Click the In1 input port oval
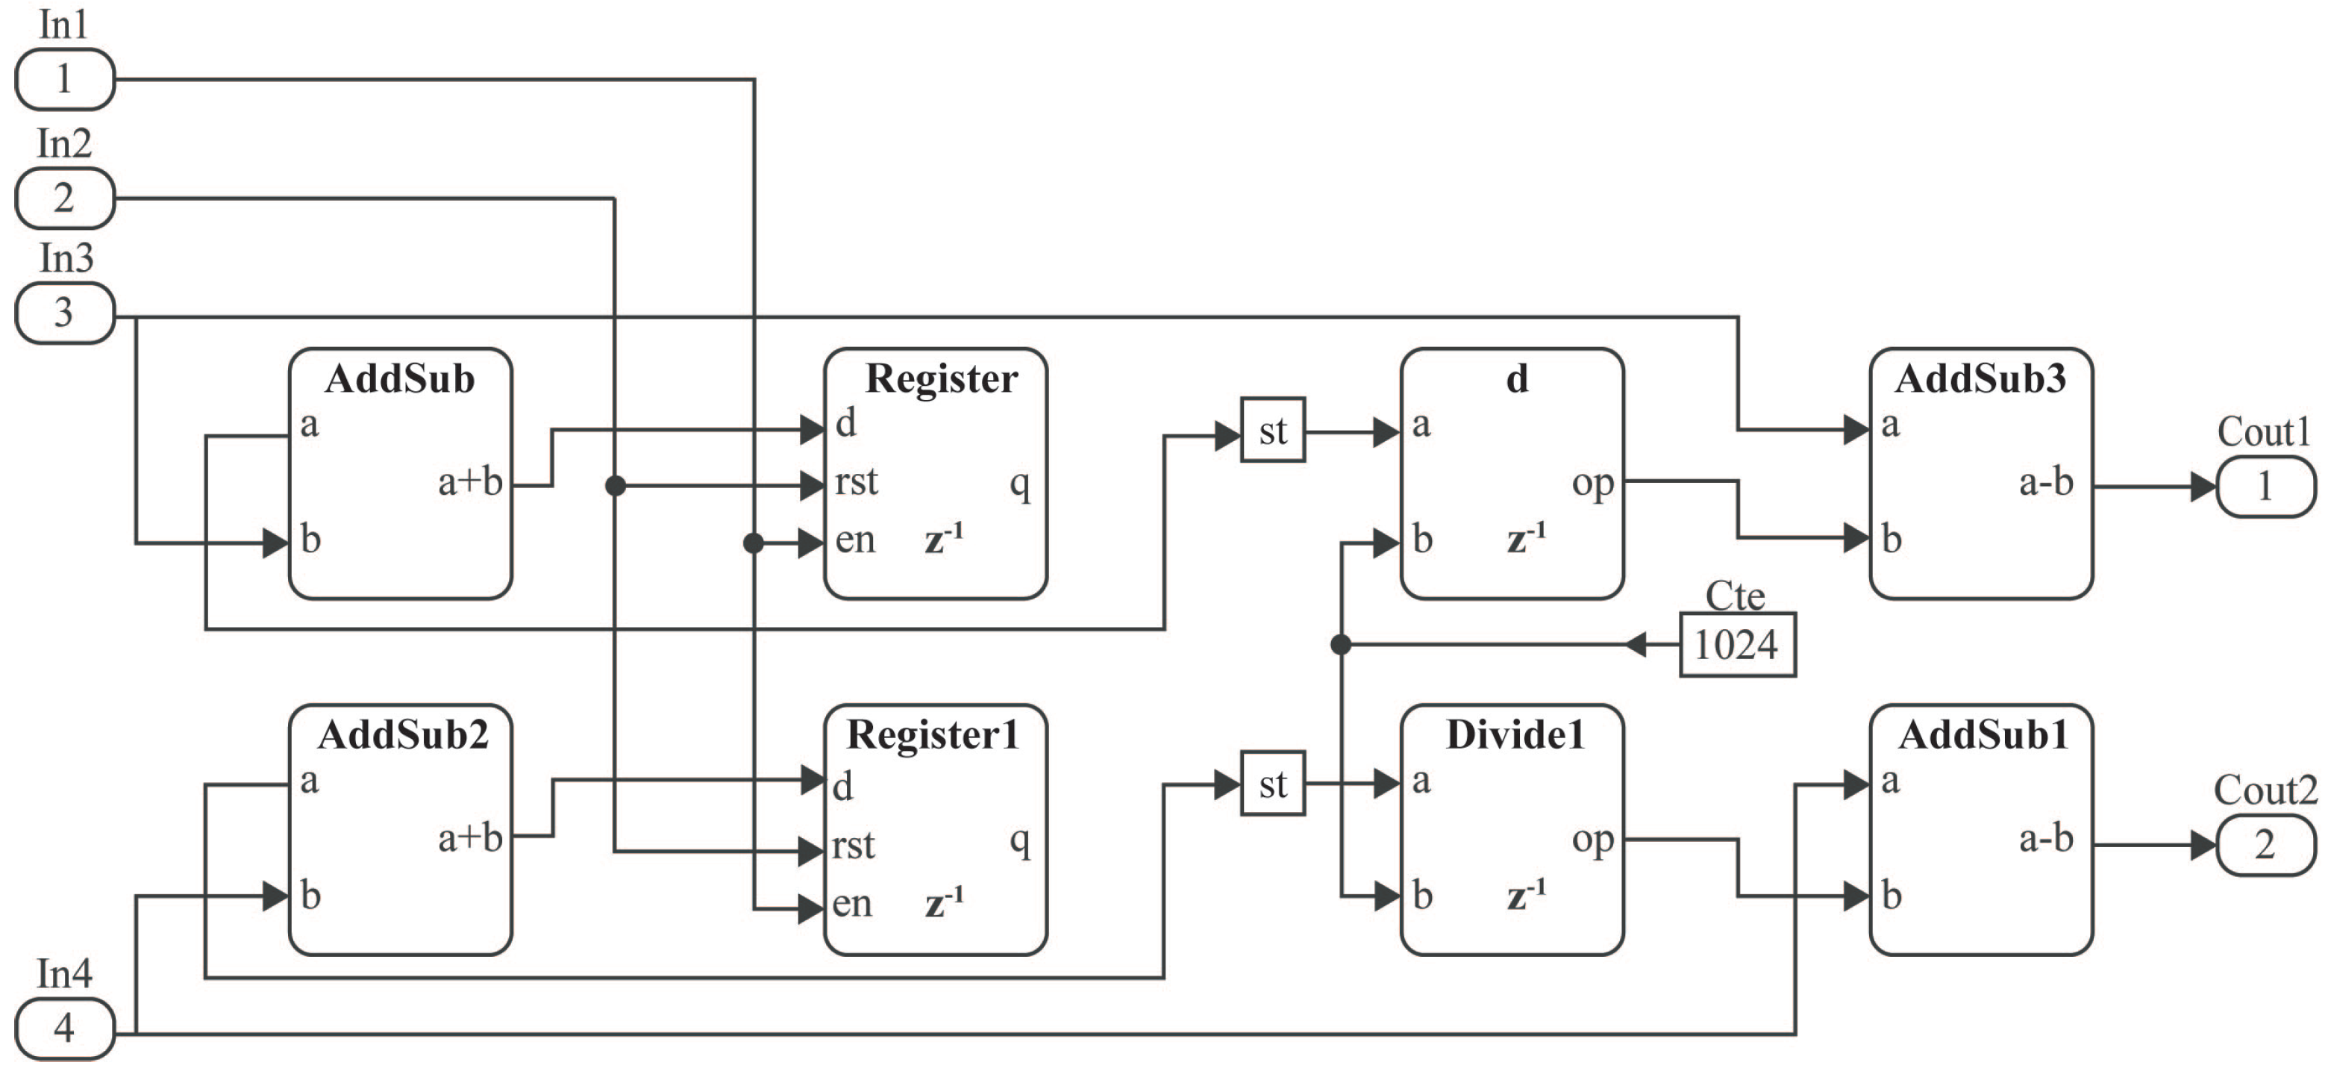pyautogui.click(x=64, y=80)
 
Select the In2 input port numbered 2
pyautogui.click(x=64, y=197)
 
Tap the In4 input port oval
pyautogui.click(x=64, y=1028)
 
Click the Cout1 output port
pyautogui.click(x=2265, y=487)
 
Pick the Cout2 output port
pyautogui.click(x=2265, y=845)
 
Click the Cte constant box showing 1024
pyautogui.click(x=1737, y=645)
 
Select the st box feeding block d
pyautogui.click(x=1272, y=431)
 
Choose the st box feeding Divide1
pyautogui.click(x=1272, y=784)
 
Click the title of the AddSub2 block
pyautogui.click(x=403, y=734)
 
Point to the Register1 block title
pyautogui.click(x=933, y=734)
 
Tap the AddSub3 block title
pyautogui.click(x=1981, y=379)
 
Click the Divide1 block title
pyautogui.click(x=1515, y=734)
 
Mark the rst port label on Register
pyautogui.click(x=856, y=482)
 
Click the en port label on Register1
pyautogui.click(x=852, y=903)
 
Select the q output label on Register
pyautogui.click(x=1020, y=485)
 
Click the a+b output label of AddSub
pyautogui.click(x=469, y=482)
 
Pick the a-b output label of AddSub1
pyautogui.click(x=2046, y=839)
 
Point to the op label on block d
pyautogui.click(x=1592, y=483)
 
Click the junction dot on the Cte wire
pyautogui.click(x=1341, y=645)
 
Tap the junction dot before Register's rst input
pyautogui.click(x=616, y=487)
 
